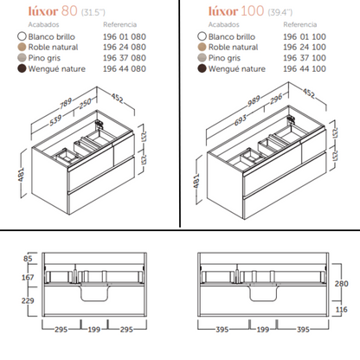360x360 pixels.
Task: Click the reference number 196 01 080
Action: point(125,37)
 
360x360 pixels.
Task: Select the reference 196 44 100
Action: point(305,69)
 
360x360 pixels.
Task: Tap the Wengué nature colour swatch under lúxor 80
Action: point(22,68)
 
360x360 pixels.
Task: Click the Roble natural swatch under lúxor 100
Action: point(202,47)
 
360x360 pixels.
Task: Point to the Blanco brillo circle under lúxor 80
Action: point(22,36)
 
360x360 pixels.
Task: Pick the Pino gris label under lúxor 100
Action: point(224,58)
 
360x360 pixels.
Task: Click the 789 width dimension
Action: point(66,104)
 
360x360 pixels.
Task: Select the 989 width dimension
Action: point(254,101)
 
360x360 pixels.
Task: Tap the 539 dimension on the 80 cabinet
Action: point(55,120)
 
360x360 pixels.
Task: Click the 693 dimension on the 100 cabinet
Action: point(241,120)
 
